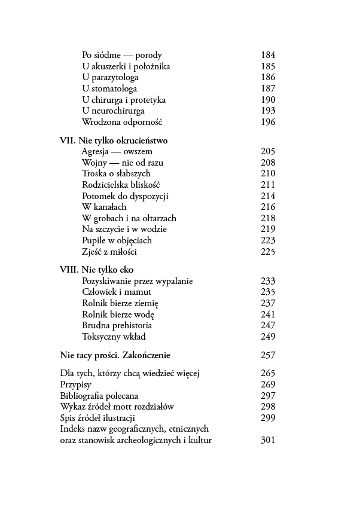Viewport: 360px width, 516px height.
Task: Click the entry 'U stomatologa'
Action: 109,88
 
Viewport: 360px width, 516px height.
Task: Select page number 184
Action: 268,55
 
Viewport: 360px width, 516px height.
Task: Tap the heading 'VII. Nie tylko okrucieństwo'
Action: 114,141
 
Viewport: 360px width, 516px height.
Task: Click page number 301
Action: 268,441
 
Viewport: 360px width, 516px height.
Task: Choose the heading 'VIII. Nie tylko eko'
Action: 96,270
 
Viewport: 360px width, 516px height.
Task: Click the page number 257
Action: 268,355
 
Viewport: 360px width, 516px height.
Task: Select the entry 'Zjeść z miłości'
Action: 109,252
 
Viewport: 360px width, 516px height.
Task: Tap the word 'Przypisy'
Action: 77,384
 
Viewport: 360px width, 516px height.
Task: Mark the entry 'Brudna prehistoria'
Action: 117,325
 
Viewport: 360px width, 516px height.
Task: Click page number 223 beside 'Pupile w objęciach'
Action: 268,240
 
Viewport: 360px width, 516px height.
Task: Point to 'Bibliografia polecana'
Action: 99,396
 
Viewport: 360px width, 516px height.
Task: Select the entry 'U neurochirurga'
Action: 113,111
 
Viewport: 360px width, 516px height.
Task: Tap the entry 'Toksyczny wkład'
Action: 112,337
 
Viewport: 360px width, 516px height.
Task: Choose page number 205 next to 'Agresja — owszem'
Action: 268,152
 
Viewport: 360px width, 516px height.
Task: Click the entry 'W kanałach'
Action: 104,207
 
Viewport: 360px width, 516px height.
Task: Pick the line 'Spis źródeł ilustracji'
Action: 97,418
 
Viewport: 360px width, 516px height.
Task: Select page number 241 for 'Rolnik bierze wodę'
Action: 268,315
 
